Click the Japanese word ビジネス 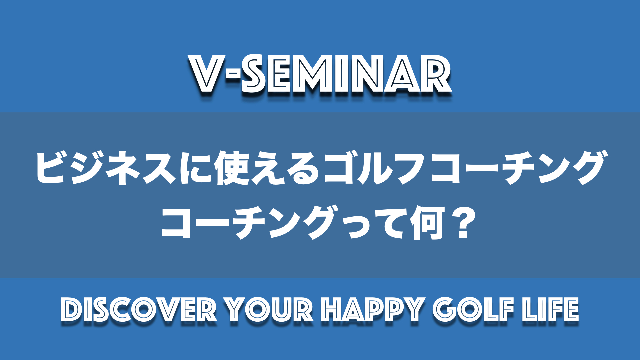(106, 168)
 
